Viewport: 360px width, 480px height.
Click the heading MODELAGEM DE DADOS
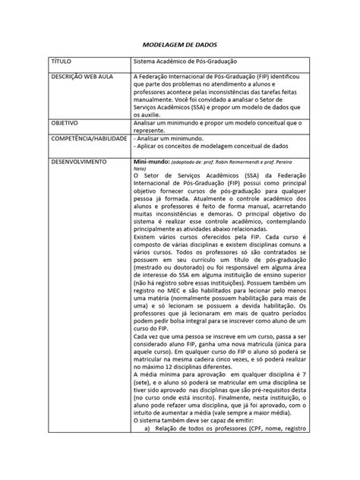tap(179, 45)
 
